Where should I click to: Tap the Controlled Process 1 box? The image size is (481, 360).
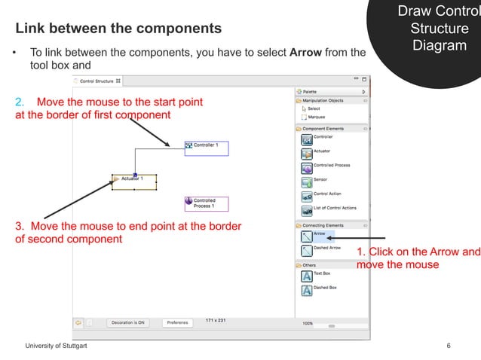206,203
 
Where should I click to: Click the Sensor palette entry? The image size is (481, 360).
320,180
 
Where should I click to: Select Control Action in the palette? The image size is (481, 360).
326,194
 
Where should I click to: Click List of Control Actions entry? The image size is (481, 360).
334,209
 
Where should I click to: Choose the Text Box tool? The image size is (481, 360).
322,273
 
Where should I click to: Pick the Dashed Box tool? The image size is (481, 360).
325,288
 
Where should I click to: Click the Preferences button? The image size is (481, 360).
177,322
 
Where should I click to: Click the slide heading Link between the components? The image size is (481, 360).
119,29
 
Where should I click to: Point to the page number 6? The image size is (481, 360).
449,346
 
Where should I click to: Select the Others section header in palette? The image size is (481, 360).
309,265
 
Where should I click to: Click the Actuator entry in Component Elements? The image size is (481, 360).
322,151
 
